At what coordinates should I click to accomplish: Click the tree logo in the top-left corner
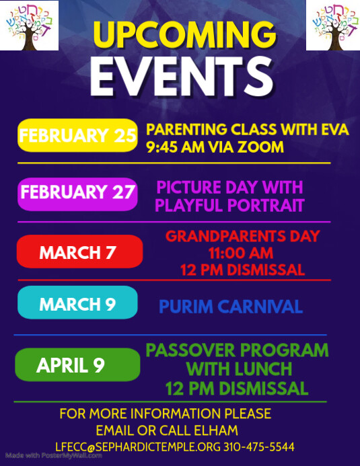(x=30, y=26)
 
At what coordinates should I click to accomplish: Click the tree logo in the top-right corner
(x=332, y=26)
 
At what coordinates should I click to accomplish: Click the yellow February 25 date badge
(x=77, y=135)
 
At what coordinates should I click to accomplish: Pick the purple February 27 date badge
(x=77, y=193)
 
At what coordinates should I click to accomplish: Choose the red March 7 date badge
(x=79, y=252)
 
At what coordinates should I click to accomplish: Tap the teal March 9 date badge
(x=77, y=304)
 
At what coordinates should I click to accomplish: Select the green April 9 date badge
(x=77, y=365)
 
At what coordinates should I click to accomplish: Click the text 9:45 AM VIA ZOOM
(x=215, y=147)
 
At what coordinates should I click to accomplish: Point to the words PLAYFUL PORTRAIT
(x=229, y=205)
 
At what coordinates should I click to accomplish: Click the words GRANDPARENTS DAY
(x=242, y=237)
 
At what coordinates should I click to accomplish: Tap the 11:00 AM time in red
(x=242, y=254)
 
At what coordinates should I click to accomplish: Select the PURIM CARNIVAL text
(x=231, y=307)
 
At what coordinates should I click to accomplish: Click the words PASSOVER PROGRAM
(x=238, y=350)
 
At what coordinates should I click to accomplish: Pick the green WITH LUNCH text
(x=239, y=369)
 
